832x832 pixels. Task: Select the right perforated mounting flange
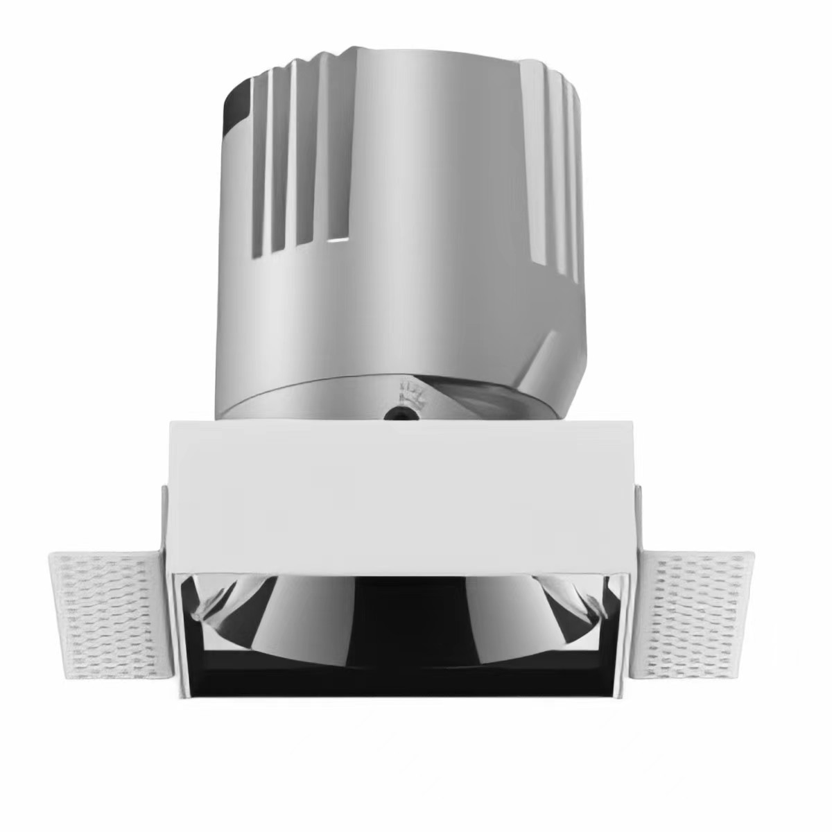[700, 610]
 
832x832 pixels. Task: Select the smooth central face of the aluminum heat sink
[416, 208]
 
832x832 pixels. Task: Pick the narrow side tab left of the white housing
[164, 520]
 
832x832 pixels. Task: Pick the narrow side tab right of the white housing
[639, 520]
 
